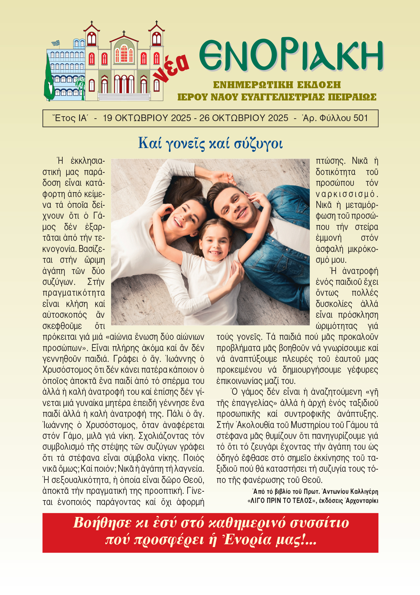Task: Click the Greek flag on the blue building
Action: tap(55, 43)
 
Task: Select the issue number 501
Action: tap(360, 118)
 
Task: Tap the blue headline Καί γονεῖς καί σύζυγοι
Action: tap(210, 143)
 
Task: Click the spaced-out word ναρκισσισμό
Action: tap(347, 194)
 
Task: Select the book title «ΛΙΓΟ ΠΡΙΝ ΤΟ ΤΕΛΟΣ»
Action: tap(280, 500)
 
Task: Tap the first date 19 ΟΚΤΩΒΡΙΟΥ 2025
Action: tap(147, 118)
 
